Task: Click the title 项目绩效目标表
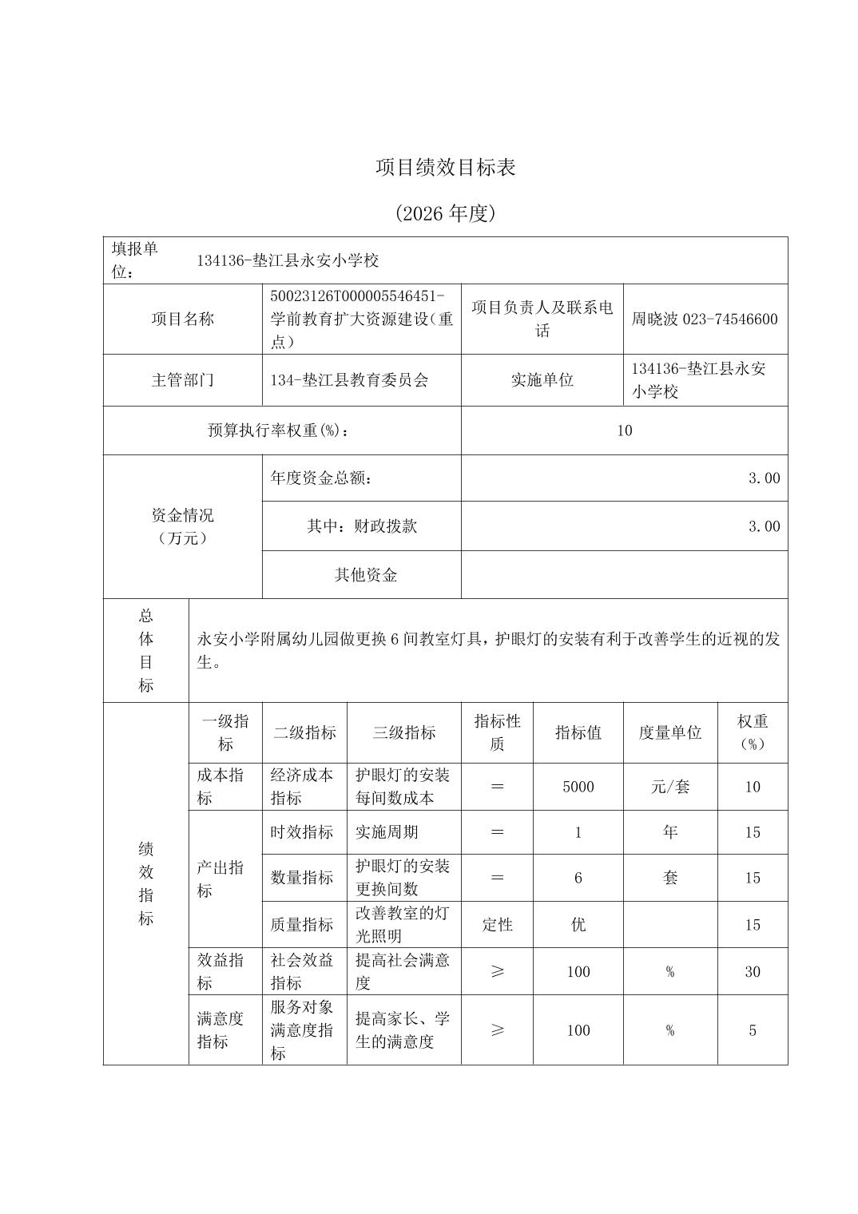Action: click(446, 168)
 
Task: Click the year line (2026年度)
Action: click(446, 213)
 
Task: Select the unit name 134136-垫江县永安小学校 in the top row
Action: click(288, 260)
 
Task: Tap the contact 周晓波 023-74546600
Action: click(704, 319)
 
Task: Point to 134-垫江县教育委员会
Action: click(349, 380)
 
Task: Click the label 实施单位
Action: click(542, 380)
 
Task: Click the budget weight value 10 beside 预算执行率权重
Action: click(624, 430)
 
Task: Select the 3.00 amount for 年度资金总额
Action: click(764, 478)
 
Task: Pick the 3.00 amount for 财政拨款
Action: click(764, 526)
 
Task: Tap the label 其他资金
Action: click(365, 575)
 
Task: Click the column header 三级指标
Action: click(403, 732)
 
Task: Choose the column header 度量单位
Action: click(669, 732)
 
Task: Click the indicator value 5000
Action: click(578, 787)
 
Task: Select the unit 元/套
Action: click(669, 787)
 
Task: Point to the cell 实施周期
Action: click(387, 832)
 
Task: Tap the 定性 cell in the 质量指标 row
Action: click(497, 925)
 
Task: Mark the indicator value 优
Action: click(578, 925)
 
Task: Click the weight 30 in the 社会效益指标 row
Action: click(752, 972)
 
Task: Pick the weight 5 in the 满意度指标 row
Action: click(752, 1030)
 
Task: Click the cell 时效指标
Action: click(301, 832)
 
